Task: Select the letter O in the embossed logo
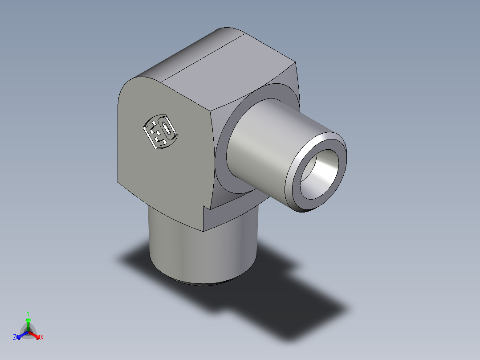tap(166, 129)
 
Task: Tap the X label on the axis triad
tap(42, 338)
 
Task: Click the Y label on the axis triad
tap(28, 313)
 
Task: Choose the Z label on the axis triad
tap(15, 338)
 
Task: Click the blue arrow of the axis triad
tap(20, 335)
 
